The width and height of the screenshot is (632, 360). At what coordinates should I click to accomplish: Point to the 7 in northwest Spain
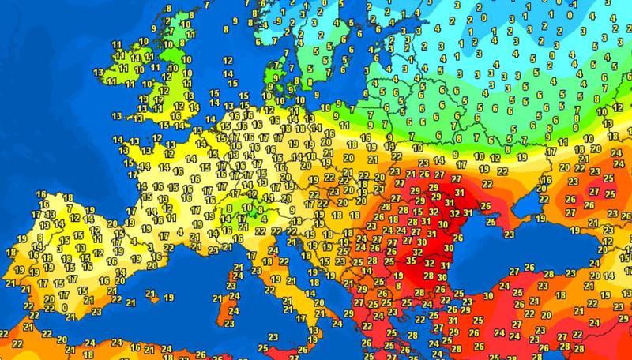pyautogui.click(x=69, y=207)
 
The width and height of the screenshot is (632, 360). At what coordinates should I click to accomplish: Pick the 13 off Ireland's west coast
pyautogui.click(x=99, y=72)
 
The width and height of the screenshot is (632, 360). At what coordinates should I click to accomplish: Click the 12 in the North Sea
pyautogui.click(x=228, y=60)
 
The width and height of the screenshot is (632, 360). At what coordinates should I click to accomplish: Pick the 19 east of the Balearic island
pyautogui.click(x=169, y=298)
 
